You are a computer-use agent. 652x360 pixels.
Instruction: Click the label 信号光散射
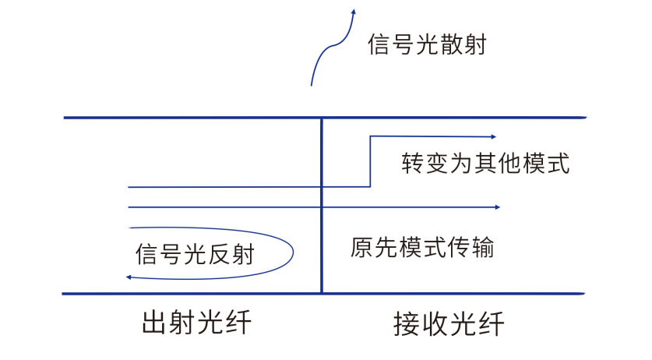tap(427, 44)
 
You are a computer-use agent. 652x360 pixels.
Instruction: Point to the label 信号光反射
tap(195, 254)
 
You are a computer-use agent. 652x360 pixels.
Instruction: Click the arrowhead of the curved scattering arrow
tap(354, 12)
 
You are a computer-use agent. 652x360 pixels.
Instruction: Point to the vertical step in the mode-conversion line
tap(370, 161)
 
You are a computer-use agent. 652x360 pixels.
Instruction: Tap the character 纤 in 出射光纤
tap(238, 322)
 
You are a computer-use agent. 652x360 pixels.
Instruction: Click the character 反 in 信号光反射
tap(219, 254)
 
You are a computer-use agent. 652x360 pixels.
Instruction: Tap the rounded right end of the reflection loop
tap(293, 251)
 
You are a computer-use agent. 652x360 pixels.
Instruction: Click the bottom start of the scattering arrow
tap(312, 83)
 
